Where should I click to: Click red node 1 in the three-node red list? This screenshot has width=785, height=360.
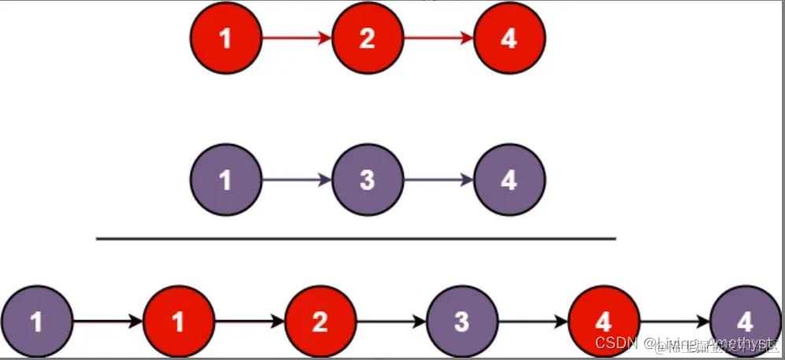pyautogui.click(x=226, y=38)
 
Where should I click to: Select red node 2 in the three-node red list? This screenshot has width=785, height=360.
pyautogui.click(x=368, y=38)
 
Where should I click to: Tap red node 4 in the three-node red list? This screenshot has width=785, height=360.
pyautogui.click(x=509, y=38)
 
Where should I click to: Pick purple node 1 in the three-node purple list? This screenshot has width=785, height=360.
pyautogui.click(x=226, y=180)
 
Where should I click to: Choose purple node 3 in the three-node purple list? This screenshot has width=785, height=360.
pyautogui.click(x=368, y=180)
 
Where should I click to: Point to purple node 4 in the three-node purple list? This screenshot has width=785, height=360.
pyautogui.click(x=509, y=180)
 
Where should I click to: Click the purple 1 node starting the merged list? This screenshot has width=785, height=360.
pyautogui.click(x=36, y=322)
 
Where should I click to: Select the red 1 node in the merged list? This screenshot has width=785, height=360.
pyautogui.click(x=178, y=322)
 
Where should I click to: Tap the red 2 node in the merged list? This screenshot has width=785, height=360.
pyautogui.click(x=320, y=322)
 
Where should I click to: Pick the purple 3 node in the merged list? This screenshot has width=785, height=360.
pyautogui.click(x=461, y=322)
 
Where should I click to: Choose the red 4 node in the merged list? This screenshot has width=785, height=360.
pyautogui.click(x=603, y=322)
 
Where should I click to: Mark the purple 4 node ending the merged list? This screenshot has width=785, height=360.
pyautogui.click(x=745, y=322)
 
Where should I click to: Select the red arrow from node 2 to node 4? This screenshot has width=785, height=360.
pyautogui.click(x=439, y=38)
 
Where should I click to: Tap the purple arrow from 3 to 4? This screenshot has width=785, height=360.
pyautogui.click(x=439, y=180)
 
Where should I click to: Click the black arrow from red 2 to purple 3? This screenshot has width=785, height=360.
pyautogui.click(x=391, y=322)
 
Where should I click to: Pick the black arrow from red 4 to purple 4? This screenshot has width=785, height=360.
pyautogui.click(x=674, y=322)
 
